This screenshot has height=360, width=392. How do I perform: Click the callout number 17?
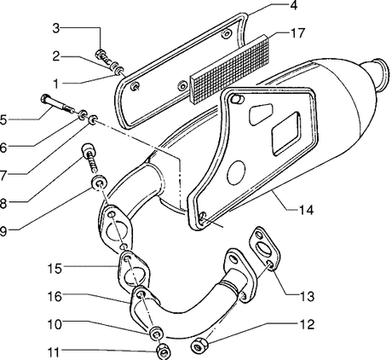[297, 33]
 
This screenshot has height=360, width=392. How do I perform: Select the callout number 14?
[306, 211]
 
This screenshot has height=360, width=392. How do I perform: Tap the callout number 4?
[293, 5]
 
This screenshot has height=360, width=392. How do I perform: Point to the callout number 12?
[307, 325]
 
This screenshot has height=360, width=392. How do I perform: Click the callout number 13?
[307, 297]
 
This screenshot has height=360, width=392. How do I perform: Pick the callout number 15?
[55, 268]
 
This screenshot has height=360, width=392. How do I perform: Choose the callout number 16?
[55, 297]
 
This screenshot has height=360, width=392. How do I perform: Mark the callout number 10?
[55, 324]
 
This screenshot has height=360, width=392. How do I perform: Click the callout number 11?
[54, 352]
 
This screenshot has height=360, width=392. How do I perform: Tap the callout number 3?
[56, 28]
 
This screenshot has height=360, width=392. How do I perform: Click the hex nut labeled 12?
[199, 345]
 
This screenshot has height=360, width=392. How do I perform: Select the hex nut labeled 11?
[164, 351]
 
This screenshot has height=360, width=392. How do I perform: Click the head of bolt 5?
[45, 99]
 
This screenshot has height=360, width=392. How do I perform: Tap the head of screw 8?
[88, 148]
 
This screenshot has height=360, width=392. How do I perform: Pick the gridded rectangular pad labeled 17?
[230, 69]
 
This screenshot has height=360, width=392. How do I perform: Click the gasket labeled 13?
[264, 247]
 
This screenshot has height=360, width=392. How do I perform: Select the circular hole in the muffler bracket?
[236, 172]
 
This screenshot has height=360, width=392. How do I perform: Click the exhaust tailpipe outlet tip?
[380, 74]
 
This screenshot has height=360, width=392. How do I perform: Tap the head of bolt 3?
[101, 54]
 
